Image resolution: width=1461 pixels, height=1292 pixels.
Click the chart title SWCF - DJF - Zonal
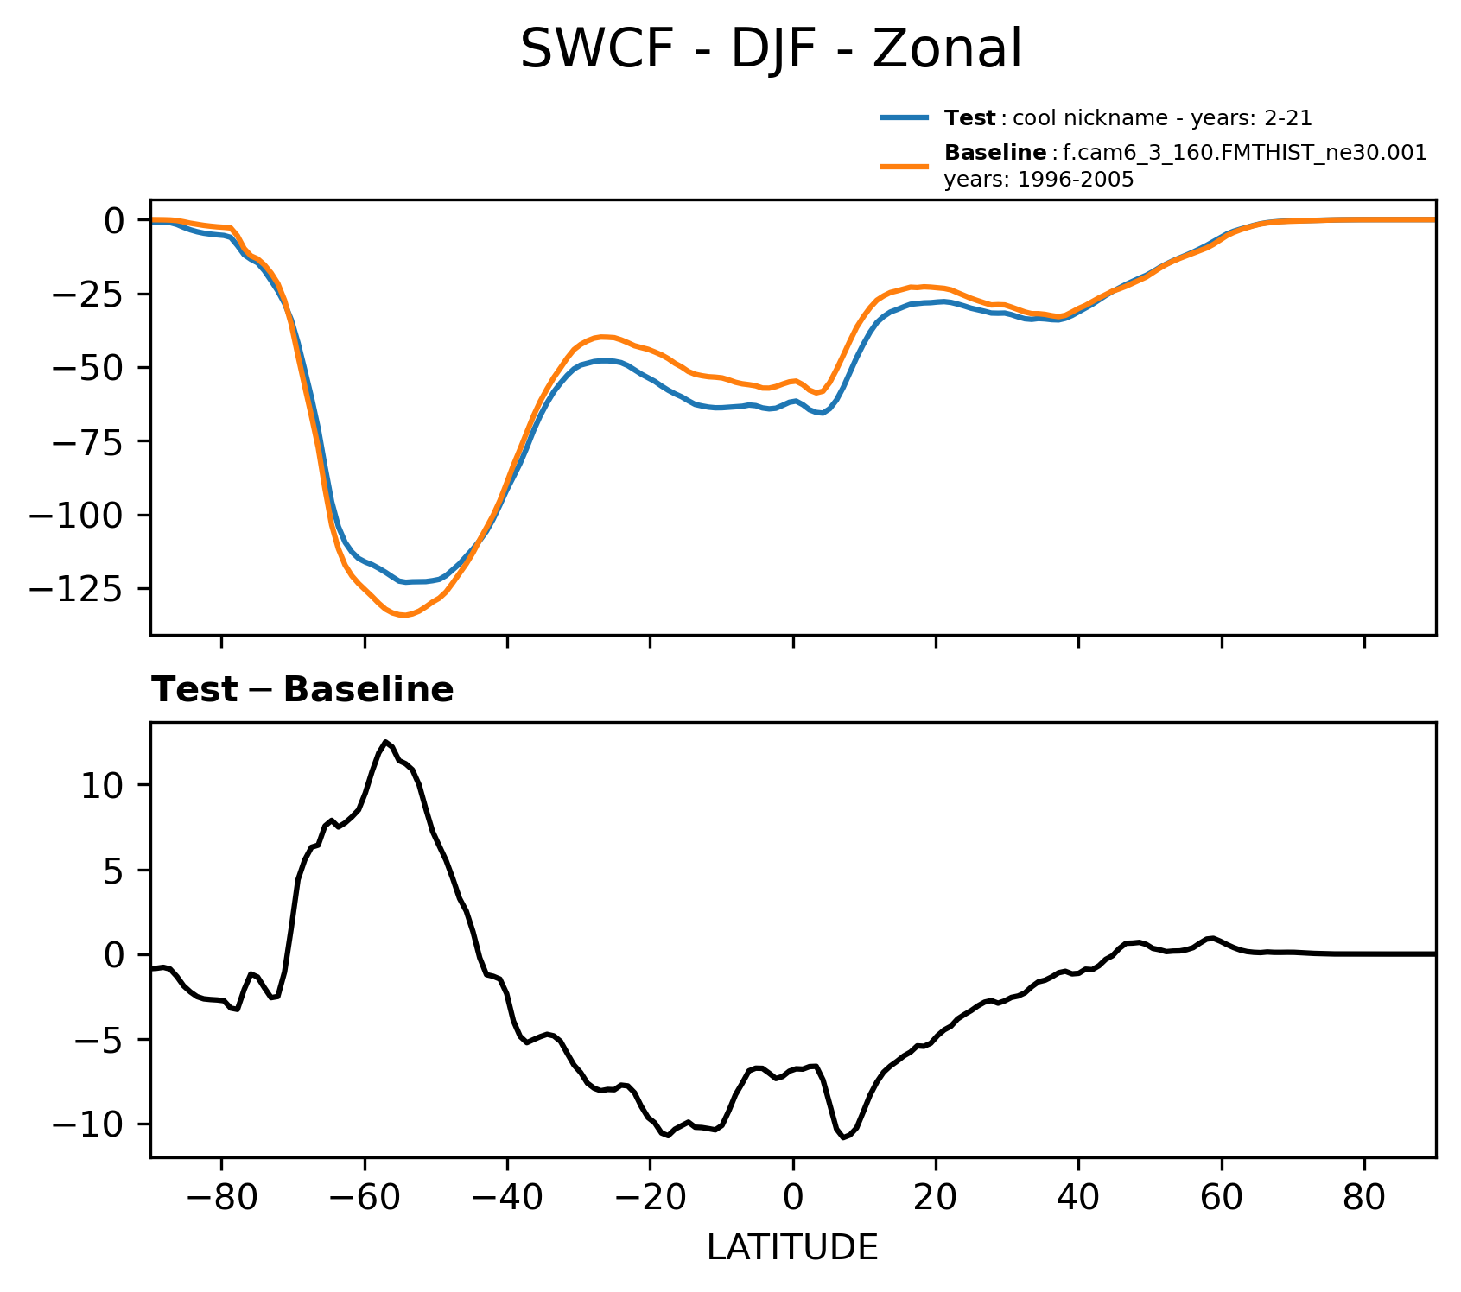(771, 50)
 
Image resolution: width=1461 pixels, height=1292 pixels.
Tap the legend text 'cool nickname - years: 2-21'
(1162, 118)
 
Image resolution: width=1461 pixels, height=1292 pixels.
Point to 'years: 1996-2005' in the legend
(1039, 180)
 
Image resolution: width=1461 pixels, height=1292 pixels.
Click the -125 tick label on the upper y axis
(79, 589)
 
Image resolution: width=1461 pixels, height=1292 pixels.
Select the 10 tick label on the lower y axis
(105, 786)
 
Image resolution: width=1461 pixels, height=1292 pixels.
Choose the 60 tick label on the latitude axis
(1221, 1199)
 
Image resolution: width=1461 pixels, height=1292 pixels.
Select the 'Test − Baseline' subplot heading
(302, 690)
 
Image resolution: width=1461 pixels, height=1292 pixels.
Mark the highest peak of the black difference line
(386, 741)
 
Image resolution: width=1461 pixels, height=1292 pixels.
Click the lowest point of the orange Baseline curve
(403, 616)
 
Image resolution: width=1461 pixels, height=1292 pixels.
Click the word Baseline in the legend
(995, 153)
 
